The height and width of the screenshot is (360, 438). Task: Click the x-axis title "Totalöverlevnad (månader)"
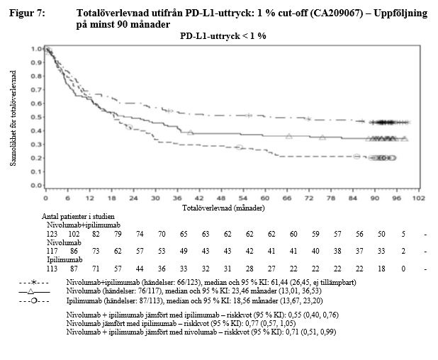[x=223, y=209]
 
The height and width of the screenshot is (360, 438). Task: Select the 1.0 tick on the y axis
[x=35, y=49]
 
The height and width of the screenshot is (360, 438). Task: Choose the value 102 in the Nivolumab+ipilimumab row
[x=73, y=233]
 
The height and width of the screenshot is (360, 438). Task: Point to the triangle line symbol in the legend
[x=35, y=291]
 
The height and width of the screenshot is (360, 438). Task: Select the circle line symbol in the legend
[x=35, y=300]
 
